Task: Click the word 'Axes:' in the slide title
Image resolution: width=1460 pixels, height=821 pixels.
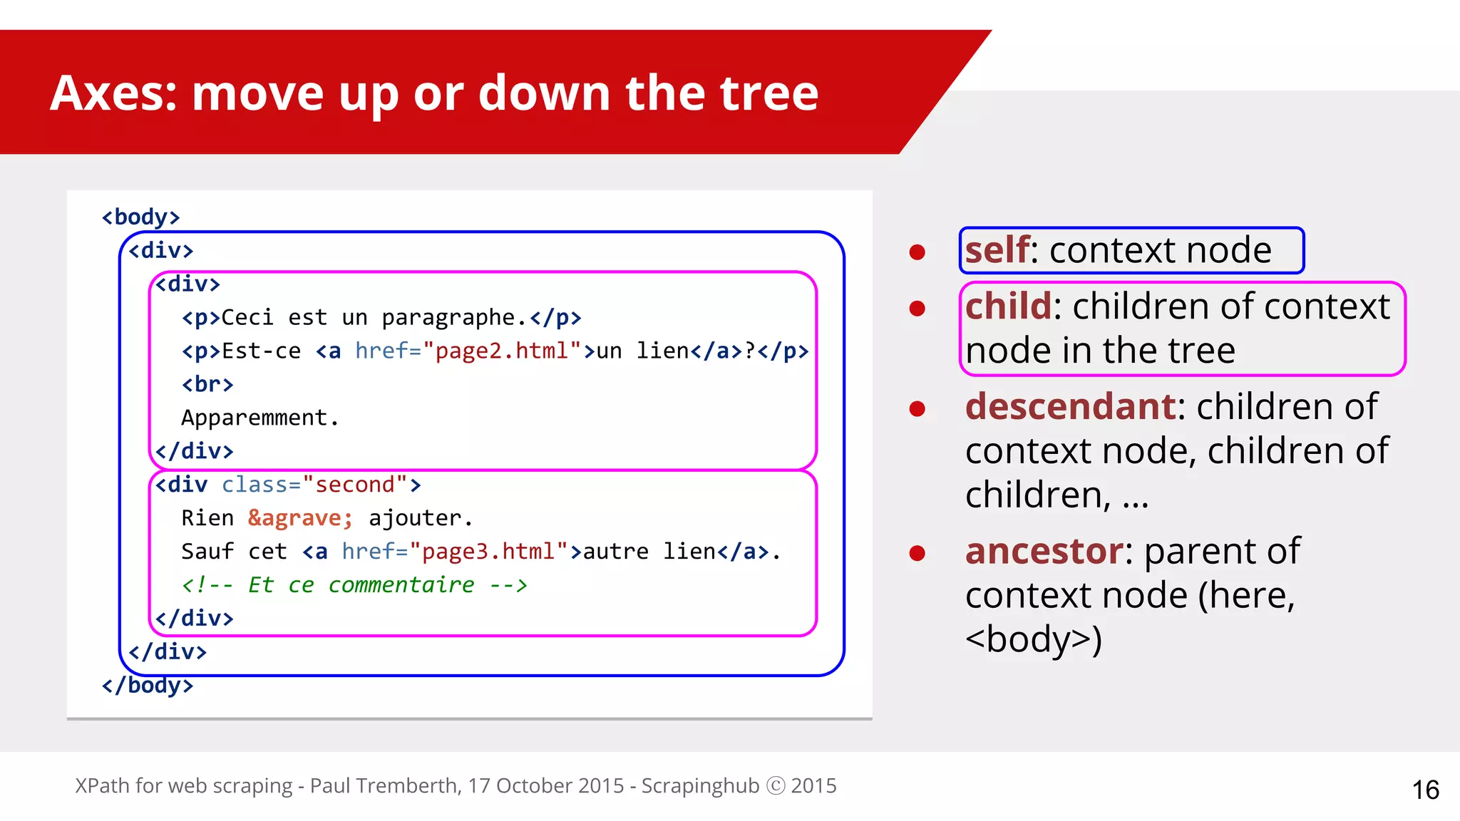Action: (x=113, y=93)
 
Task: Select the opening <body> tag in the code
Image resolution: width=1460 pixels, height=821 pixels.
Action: (x=140, y=217)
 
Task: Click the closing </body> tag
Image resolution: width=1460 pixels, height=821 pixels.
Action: (x=147, y=686)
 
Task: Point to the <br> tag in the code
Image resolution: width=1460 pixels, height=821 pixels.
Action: (x=207, y=384)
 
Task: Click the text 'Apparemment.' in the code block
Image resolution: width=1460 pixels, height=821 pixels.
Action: (x=259, y=418)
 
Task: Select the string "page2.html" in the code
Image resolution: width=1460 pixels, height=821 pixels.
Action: (x=502, y=351)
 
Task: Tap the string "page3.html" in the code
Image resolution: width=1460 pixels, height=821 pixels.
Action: (x=488, y=552)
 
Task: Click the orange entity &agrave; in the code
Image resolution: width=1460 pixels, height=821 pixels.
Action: (x=300, y=518)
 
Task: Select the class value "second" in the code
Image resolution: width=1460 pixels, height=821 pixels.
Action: (x=354, y=485)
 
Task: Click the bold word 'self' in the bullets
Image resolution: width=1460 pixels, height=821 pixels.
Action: (x=997, y=250)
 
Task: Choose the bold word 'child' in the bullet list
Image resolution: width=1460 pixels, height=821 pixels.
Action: (x=1008, y=306)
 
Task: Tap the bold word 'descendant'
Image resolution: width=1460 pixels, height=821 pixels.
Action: (x=1070, y=407)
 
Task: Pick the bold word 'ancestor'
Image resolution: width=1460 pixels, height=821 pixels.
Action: (x=1044, y=552)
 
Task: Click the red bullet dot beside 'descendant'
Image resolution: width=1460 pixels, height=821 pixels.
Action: (x=917, y=409)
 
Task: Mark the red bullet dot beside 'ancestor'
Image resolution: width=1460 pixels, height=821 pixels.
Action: (x=917, y=554)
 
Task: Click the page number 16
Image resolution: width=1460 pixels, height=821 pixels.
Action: (x=1425, y=790)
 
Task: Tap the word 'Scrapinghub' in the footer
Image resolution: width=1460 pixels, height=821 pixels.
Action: (x=700, y=785)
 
